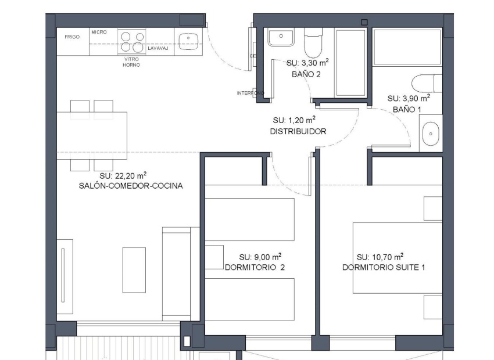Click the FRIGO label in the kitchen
point(72,37)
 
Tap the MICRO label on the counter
point(99,32)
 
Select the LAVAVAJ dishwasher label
point(158,49)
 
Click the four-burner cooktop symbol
point(131,41)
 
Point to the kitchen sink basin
point(189,40)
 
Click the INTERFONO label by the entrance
point(250,93)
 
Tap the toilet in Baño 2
point(313,41)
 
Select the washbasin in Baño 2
point(281,38)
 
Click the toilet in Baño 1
point(427,83)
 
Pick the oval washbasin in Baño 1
point(430,134)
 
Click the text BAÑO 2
point(306,74)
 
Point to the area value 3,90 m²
point(409,98)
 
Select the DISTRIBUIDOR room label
point(298,132)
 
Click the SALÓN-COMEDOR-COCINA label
point(131,186)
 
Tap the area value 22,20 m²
point(123,175)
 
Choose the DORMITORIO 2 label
point(255,268)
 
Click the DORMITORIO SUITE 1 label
point(384,268)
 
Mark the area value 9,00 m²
point(260,257)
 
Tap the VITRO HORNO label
point(131,62)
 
